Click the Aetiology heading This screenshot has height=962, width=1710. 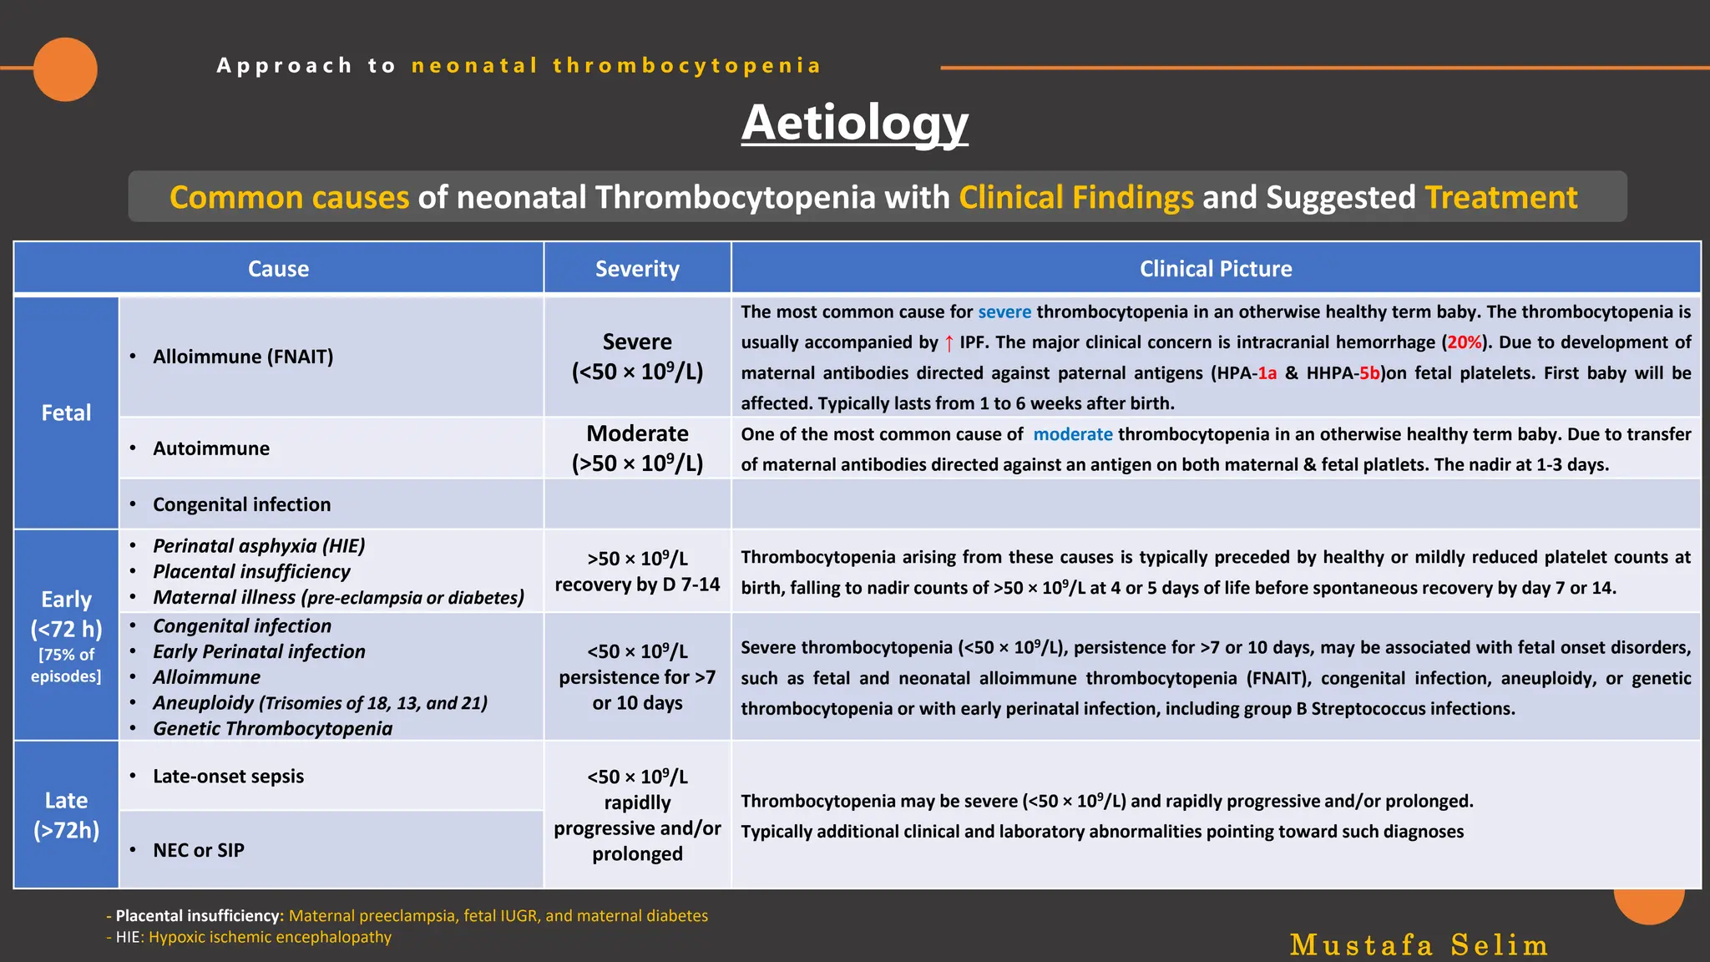coord(854,123)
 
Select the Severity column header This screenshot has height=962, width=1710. coord(637,269)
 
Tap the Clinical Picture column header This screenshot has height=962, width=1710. coord(1215,269)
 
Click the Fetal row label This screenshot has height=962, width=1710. coord(66,413)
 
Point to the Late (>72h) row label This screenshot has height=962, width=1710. coord(66,815)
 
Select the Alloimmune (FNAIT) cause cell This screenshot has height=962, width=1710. coord(243,357)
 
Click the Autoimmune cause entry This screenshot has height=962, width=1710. coord(211,448)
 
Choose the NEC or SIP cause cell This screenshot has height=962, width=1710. coord(199,850)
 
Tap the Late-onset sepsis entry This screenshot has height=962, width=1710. coord(228,776)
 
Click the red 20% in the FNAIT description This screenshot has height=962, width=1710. coord(1464,342)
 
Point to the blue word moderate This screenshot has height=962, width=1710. coord(1072,434)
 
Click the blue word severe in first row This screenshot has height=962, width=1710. coord(1004,312)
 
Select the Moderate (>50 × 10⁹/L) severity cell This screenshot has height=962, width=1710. coord(637,448)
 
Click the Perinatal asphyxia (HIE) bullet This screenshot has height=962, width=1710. coord(259,546)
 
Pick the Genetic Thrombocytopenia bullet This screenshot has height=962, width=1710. coord(272,728)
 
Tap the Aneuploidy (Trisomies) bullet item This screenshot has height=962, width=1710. coord(320,703)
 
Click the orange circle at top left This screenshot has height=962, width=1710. coord(65,69)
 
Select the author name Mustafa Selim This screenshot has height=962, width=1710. coord(1418,944)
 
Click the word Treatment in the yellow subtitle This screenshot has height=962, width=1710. coord(1500,198)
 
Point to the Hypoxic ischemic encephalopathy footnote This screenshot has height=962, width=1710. coord(270,937)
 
